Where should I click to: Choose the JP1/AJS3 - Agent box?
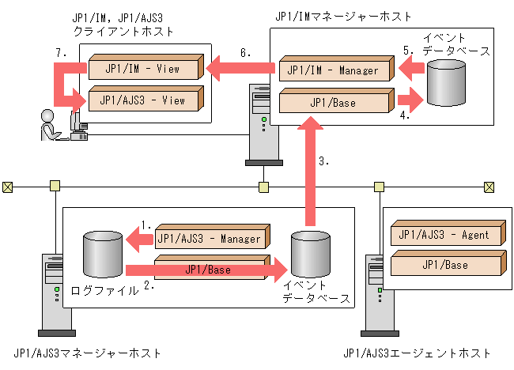(445, 235)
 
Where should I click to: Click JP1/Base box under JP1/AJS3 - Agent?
(445, 265)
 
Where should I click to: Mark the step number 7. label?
(61, 52)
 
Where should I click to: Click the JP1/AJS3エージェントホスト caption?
(418, 353)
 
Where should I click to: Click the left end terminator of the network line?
(8, 187)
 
